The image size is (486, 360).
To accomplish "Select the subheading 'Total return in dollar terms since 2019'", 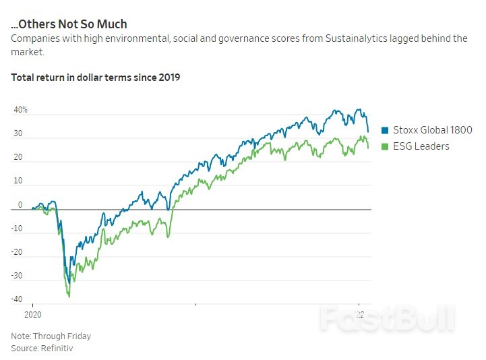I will click(x=95, y=77).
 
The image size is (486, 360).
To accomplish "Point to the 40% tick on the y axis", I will click(x=21, y=110).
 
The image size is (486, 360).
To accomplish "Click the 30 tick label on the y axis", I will click(x=18, y=134).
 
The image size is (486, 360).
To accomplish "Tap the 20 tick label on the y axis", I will click(x=18, y=158).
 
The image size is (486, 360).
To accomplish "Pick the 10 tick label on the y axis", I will click(x=18, y=181).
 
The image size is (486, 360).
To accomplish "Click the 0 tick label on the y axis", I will click(x=20, y=205).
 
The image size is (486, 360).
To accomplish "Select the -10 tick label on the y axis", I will click(x=17, y=229).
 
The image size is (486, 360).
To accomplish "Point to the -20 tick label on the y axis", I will click(x=17, y=252).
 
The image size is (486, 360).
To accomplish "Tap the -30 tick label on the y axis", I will click(x=17, y=276).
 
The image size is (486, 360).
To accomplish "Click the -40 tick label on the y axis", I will click(x=17, y=299).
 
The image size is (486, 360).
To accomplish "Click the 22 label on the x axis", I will click(x=360, y=315).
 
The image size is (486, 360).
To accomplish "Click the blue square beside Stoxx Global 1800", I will click(x=386, y=131).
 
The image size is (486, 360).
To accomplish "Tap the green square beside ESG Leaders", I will click(x=386, y=146).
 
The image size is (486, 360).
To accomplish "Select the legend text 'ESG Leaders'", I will click(x=421, y=146).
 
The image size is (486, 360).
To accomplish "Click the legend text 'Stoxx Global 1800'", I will click(x=432, y=131).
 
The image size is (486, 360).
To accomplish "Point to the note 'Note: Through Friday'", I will click(x=51, y=336).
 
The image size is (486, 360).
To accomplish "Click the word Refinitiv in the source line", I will click(x=57, y=348).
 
